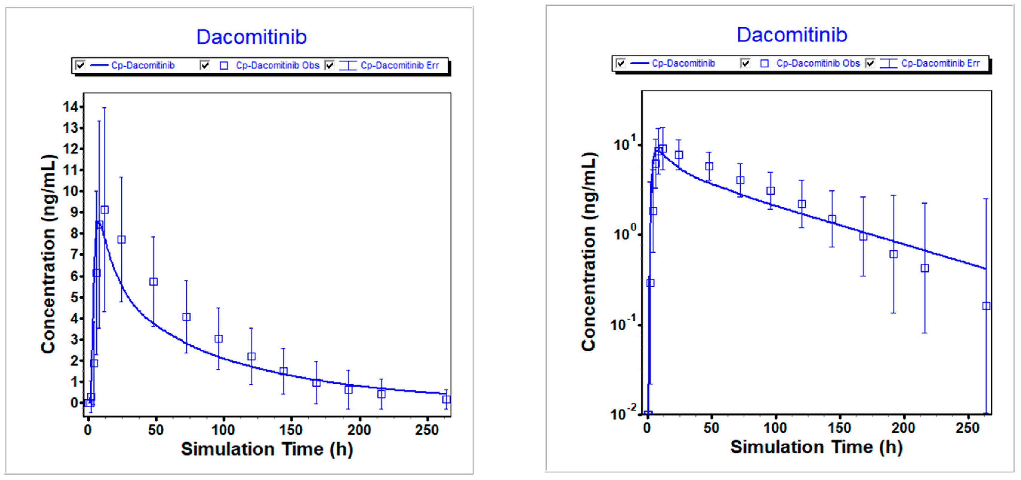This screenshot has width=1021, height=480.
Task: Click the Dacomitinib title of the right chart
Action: pos(792,35)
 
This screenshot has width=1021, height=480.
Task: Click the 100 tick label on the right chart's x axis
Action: pos(775,428)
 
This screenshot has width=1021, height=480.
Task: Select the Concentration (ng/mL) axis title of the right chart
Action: pos(589,252)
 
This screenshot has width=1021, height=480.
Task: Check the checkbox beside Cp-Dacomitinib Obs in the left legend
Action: pos(204,65)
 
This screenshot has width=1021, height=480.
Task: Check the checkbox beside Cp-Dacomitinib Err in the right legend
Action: pos(870,63)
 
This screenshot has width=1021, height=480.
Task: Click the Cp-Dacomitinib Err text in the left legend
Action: pos(400,65)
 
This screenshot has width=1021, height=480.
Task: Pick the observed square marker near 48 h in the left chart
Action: pos(153,282)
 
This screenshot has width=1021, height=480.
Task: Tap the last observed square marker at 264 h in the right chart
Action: pos(986,306)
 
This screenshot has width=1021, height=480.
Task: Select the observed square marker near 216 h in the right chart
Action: pos(925,268)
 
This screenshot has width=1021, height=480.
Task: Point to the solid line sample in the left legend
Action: pos(99,65)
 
